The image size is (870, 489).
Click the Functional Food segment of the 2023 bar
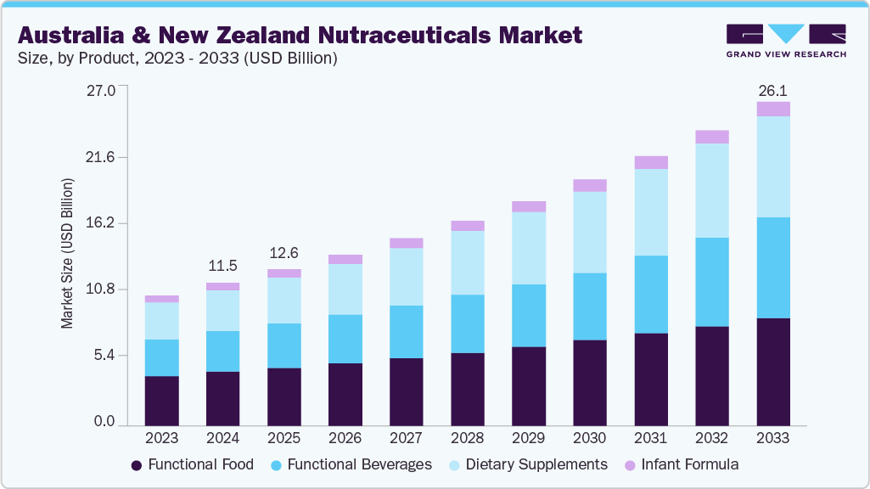point(161,400)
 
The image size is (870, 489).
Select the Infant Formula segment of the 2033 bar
point(773,109)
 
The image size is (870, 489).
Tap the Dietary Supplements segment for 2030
point(590,233)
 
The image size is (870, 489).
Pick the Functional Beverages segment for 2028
point(468,323)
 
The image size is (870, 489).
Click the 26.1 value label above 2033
point(773,89)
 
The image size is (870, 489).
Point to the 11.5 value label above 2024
point(222,267)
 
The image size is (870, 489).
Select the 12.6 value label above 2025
point(283,252)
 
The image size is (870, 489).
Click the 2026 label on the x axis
point(345,438)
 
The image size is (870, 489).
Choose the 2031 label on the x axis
point(651,438)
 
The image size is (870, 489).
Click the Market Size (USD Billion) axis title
point(67,255)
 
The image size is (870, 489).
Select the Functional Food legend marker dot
point(137,465)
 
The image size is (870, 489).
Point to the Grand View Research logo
point(786,40)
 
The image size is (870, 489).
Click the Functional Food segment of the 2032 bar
point(712,375)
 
